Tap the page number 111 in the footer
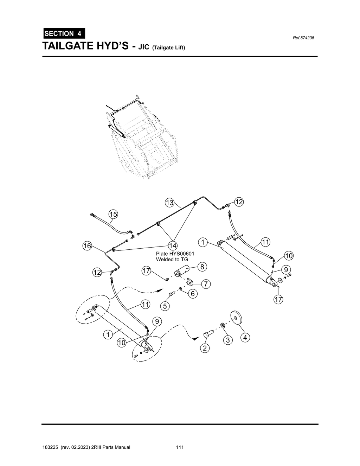[180, 447]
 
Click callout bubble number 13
[170, 203]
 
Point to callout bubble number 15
[113, 214]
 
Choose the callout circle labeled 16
[87, 245]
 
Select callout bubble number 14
[172, 245]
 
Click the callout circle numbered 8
[202, 267]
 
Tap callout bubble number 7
[206, 283]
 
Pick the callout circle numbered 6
[192, 293]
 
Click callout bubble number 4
[245, 338]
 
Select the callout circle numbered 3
[228, 340]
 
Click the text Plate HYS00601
[175, 253]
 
